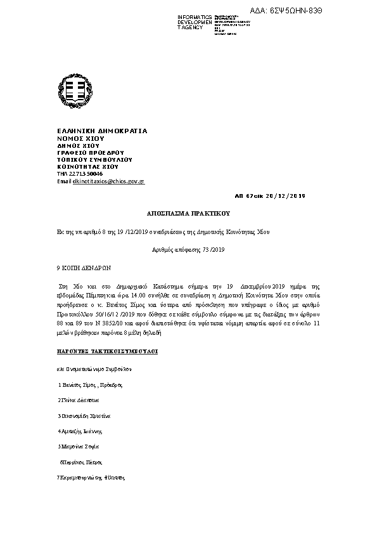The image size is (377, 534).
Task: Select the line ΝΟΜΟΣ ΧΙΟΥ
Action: pos(80,138)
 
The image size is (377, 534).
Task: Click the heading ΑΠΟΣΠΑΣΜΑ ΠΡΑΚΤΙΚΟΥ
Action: pos(188,214)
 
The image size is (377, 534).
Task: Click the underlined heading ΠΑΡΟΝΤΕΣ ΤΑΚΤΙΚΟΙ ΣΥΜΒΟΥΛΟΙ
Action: pos(107,350)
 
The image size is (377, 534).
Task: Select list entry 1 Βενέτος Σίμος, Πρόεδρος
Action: pos(90,385)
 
